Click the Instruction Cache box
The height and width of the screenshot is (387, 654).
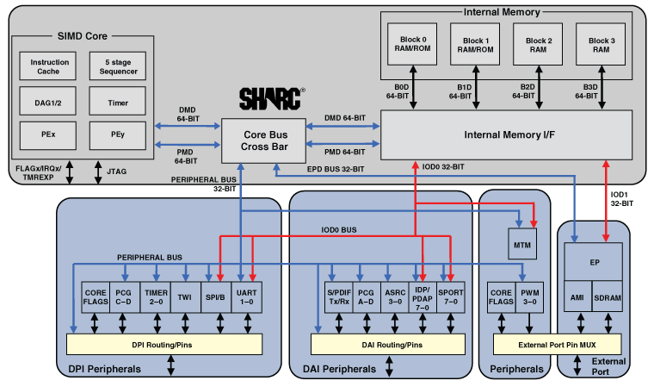[50, 67]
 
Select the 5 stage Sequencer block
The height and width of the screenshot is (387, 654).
[118, 67]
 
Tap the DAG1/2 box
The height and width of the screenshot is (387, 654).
[50, 103]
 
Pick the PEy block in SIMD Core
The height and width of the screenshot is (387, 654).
[118, 135]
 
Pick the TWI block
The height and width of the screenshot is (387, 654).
[185, 298]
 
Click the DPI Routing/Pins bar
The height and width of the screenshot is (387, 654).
[163, 345]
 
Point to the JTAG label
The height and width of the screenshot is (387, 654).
[114, 172]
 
